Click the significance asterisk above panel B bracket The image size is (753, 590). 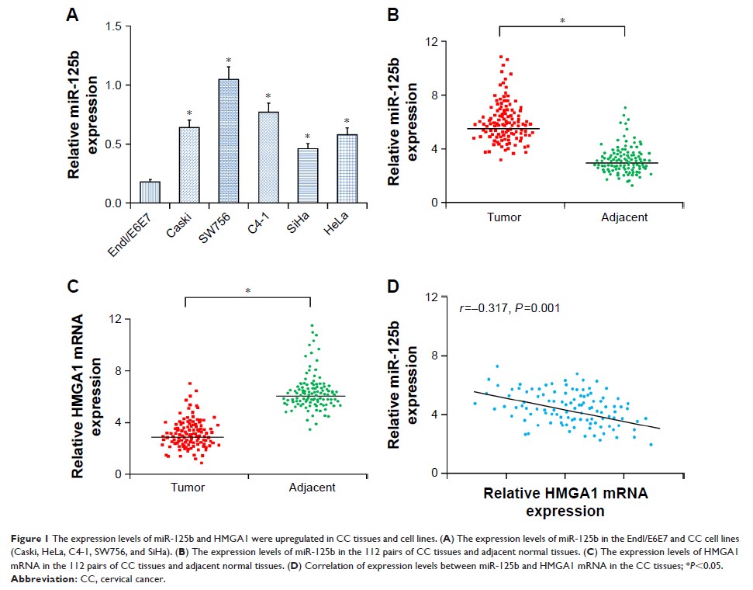coord(562,20)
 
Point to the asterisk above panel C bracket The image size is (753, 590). coord(247,291)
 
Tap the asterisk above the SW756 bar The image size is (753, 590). coord(229,61)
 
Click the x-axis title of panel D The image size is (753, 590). coord(565,501)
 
